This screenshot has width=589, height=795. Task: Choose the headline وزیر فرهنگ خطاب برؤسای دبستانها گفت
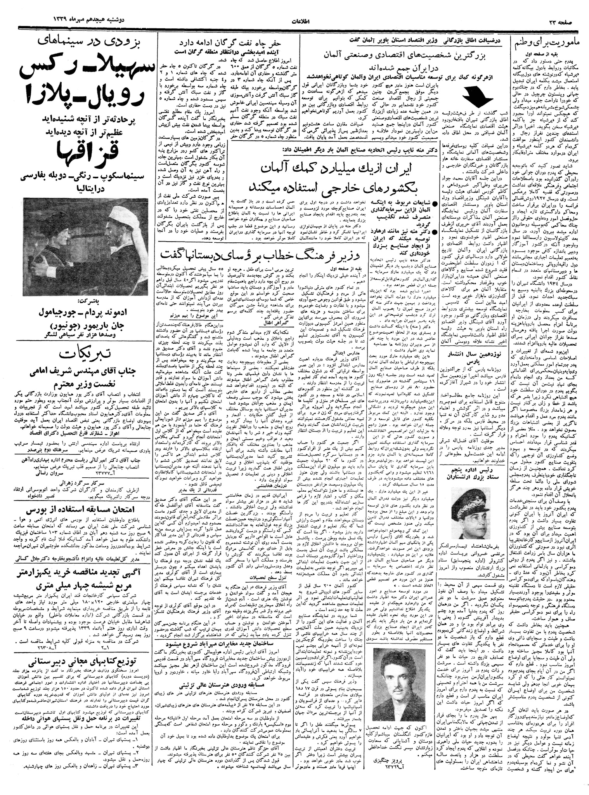click(260, 256)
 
